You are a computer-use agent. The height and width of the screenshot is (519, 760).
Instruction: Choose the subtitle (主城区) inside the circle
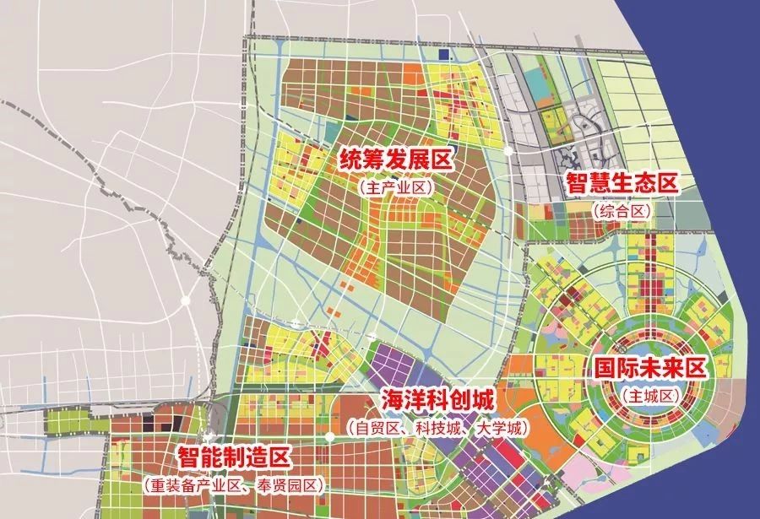tap(649, 394)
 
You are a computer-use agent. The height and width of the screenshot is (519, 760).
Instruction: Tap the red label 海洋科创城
tap(436, 400)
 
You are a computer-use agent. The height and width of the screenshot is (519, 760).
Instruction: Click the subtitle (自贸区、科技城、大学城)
tap(436, 428)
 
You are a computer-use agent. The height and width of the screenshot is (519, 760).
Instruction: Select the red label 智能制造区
tap(233, 458)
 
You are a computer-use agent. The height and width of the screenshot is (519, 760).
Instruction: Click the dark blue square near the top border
tap(444, 55)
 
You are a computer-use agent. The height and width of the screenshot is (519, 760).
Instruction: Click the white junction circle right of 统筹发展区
tap(508, 150)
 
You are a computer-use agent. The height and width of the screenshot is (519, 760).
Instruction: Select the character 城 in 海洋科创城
tap(481, 400)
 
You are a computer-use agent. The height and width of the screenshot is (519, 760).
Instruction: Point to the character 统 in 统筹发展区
tap(352, 159)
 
